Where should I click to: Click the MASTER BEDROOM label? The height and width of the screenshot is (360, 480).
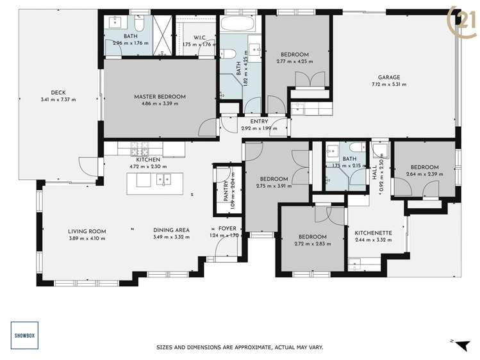[160, 97]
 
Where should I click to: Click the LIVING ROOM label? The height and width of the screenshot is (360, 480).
[87, 231]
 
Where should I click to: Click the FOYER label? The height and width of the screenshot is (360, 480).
[227, 228]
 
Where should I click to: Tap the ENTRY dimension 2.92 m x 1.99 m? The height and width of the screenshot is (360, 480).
[259, 128]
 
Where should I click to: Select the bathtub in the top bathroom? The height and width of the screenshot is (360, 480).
[240, 24]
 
